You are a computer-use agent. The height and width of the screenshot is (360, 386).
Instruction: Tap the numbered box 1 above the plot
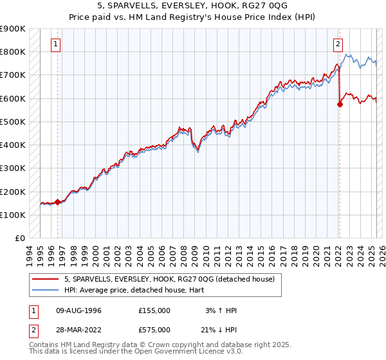tap(57, 44)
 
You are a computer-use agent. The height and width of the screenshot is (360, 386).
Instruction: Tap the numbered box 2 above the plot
tap(338, 44)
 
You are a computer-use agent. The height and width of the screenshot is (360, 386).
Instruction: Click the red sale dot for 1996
tap(57, 202)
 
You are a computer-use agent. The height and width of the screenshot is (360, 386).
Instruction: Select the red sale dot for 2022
tap(340, 104)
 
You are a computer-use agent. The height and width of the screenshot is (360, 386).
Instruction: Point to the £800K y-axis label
tap(13, 51)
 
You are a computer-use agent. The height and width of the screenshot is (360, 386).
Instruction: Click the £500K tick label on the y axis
tap(13, 122)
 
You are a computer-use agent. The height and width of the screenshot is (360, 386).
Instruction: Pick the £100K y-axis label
tap(13, 215)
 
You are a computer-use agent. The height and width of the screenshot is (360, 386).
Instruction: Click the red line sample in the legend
tap(46, 279)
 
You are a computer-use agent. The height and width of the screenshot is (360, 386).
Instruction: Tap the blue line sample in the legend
tap(46, 290)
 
